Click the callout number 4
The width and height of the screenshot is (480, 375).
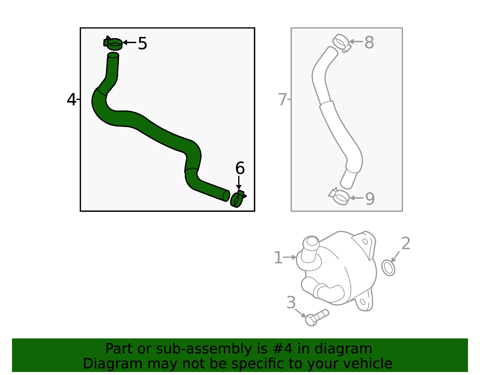[71, 100]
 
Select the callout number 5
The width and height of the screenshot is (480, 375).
[142, 43]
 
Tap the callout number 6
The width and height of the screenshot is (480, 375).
[240, 168]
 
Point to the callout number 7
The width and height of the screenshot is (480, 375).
[282, 99]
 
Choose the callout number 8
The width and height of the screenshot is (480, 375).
[369, 42]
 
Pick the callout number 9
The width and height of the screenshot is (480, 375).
[370, 198]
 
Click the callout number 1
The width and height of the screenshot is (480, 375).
[278, 257]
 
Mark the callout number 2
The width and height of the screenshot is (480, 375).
[406, 243]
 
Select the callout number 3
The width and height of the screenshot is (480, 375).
[291, 302]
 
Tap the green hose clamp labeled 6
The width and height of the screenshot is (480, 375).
[237, 199]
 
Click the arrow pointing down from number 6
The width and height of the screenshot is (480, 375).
[238, 183]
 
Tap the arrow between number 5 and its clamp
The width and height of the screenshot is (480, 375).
[129, 42]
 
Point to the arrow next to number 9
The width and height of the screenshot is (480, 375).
[356, 198]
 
